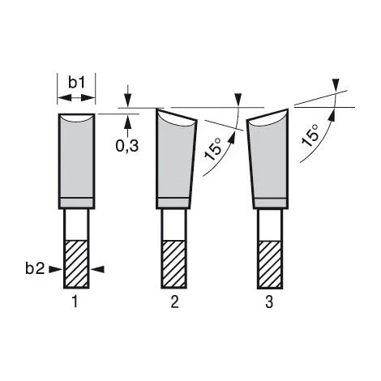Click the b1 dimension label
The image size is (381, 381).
pyautogui.click(x=77, y=82)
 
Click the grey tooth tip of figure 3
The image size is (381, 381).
pyautogui.click(x=268, y=158)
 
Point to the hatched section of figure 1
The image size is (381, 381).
pyautogui.click(x=77, y=263)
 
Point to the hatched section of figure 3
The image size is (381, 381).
pyautogui.click(x=269, y=263)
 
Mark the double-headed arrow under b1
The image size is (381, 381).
pyautogui.click(x=77, y=98)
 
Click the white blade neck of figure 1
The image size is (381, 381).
pyautogui.click(x=77, y=224)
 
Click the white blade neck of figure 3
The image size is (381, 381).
pyautogui.click(x=269, y=224)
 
